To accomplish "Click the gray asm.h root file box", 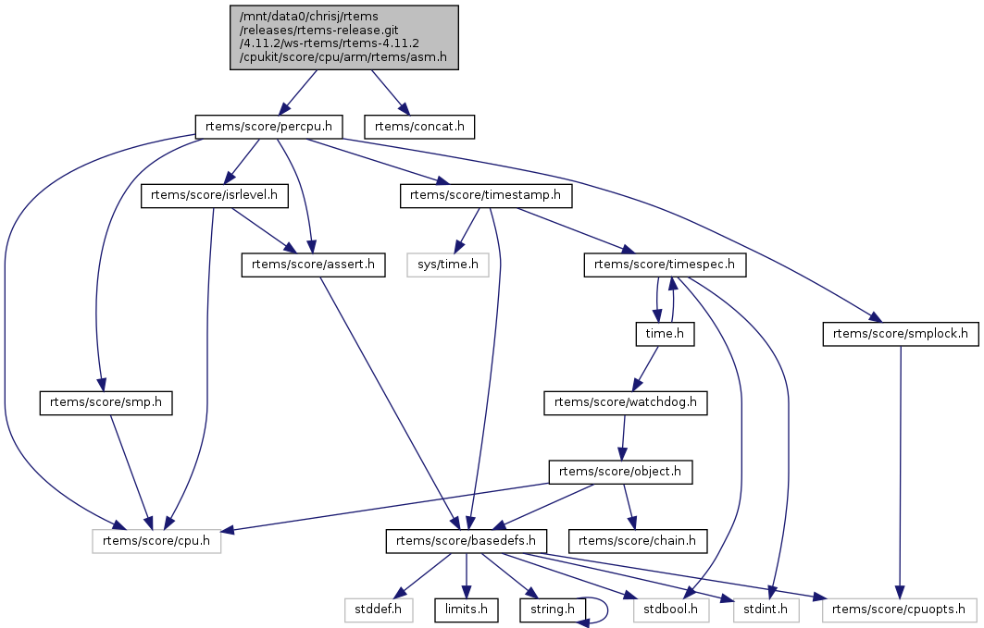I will coord(344,37).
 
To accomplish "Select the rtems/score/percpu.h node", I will coord(268,125).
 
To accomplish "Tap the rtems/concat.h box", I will coord(419,125).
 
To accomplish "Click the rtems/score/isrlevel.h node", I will coord(215,195).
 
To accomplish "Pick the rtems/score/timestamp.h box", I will coord(485,195).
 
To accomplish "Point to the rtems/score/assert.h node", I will coord(313,265).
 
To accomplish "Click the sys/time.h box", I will coord(448,265).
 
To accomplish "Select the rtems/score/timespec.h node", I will coord(665,265).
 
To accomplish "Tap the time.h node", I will coord(665,333).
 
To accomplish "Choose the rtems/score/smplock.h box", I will coord(900,333).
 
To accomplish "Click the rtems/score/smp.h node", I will coord(106,402).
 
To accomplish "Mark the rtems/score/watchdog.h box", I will coord(626,402).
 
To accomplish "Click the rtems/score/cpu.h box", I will coord(156,540).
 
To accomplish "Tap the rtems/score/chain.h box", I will coord(638,540).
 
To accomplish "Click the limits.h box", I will coord(467,610).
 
